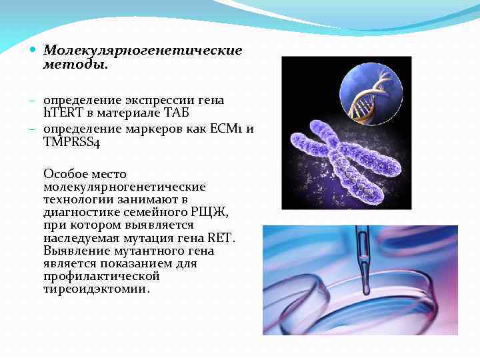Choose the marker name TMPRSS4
coord(71,141)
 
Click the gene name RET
coord(220,238)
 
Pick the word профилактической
coord(101,277)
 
